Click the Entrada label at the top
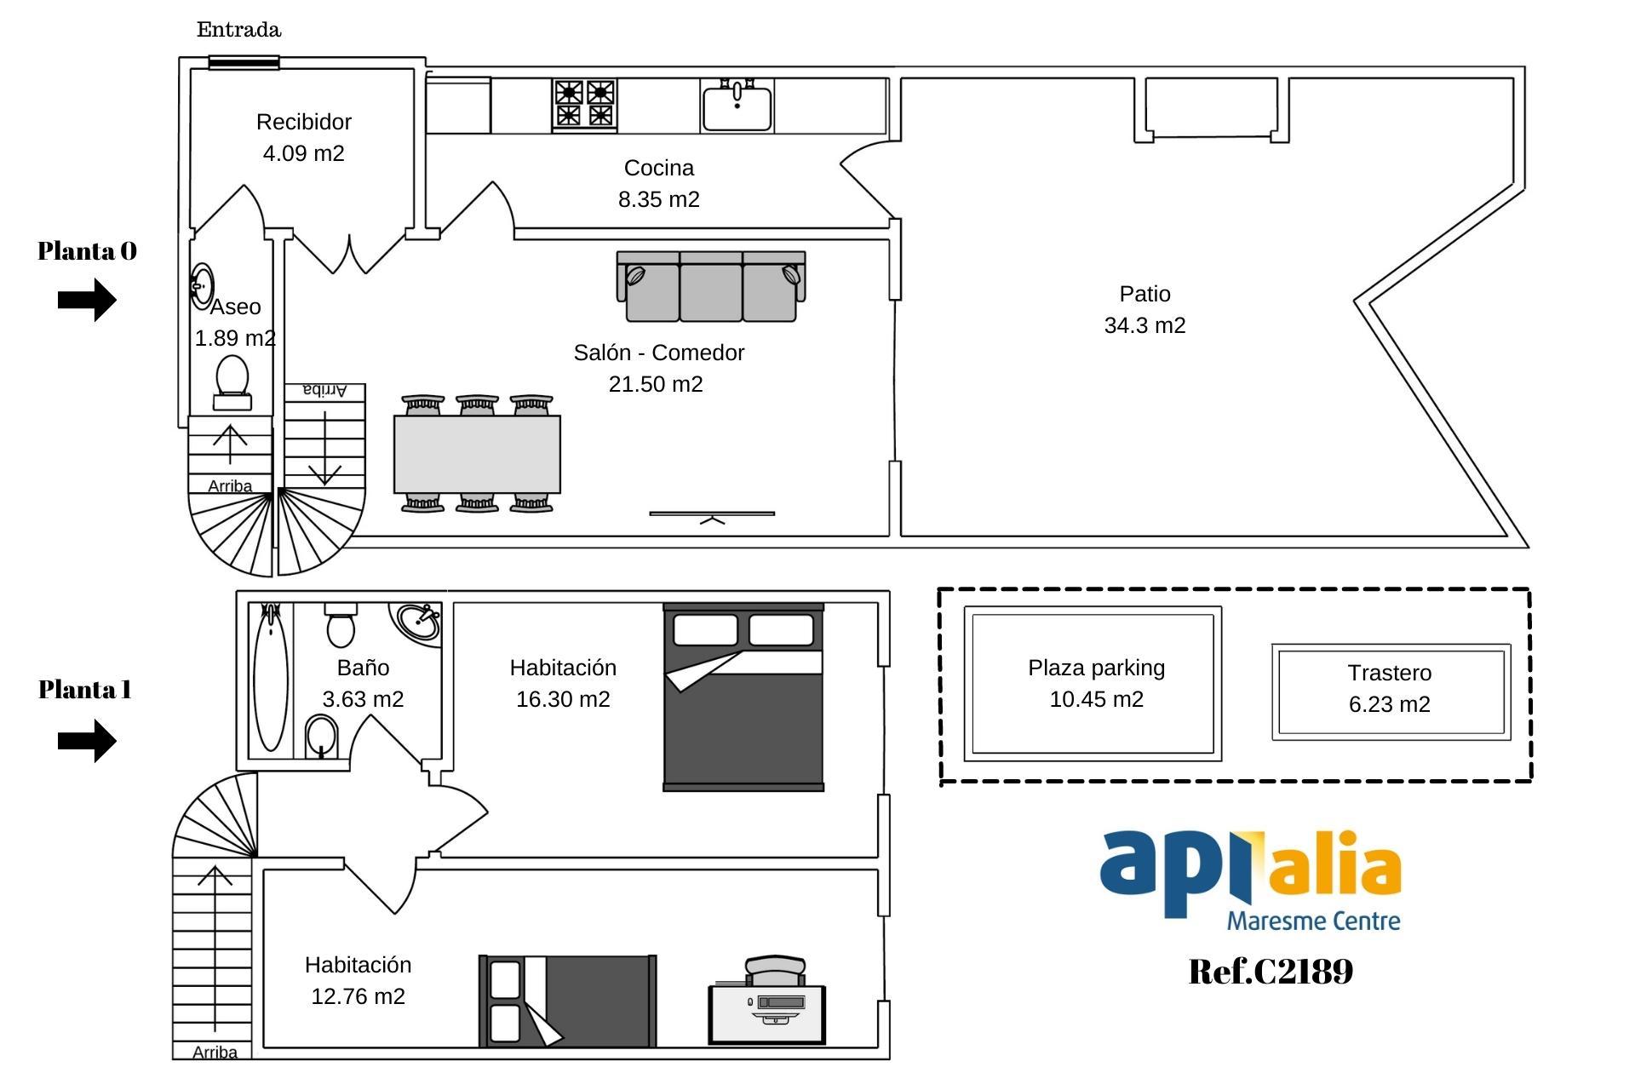[238, 30]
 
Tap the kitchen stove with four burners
[585, 105]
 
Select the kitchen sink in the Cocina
[737, 105]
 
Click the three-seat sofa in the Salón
[711, 286]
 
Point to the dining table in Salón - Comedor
[477, 454]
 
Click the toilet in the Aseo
[232, 384]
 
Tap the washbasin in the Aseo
[202, 284]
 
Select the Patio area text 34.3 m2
[1144, 325]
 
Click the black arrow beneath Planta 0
[87, 300]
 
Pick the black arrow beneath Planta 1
[87, 741]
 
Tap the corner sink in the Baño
[417, 623]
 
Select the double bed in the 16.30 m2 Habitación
[743, 697]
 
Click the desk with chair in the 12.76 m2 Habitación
[767, 1001]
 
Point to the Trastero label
[1390, 673]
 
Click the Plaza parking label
[1096, 668]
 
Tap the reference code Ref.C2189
[1271, 971]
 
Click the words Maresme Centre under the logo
[1313, 921]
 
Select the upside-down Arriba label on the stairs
[324, 390]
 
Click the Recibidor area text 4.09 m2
[304, 153]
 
